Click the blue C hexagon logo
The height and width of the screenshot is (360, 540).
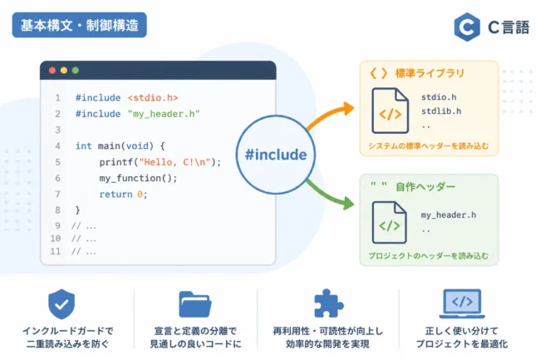tap(467, 27)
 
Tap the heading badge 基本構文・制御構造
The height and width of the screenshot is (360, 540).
tap(80, 25)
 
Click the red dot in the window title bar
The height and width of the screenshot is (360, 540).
tap(52, 71)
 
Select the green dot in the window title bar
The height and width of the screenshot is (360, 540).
tap(76, 71)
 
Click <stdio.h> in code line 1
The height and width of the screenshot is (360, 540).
tap(153, 98)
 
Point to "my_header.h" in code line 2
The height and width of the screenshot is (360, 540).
tap(164, 114)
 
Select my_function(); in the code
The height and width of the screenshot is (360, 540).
tap(138, 178)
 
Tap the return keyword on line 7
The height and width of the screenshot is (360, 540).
tap(115, 195)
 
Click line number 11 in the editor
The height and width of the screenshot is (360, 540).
tap(56, 251)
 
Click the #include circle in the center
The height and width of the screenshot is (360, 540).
tap(276, 155)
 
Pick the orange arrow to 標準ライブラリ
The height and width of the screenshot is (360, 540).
tap(330, 115)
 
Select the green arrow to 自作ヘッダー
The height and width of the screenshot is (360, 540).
tap(329, 195)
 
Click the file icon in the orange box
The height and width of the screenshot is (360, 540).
tap(390, 111)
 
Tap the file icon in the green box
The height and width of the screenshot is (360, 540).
tap(390, 223)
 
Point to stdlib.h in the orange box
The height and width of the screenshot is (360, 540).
tap(441, 111)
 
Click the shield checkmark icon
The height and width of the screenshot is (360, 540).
tap(61, 303)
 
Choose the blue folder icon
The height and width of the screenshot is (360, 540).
tap(195, 304)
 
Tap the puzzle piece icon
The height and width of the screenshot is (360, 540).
tap(328, 303)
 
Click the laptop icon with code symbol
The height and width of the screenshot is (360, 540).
tap(462, 303)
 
